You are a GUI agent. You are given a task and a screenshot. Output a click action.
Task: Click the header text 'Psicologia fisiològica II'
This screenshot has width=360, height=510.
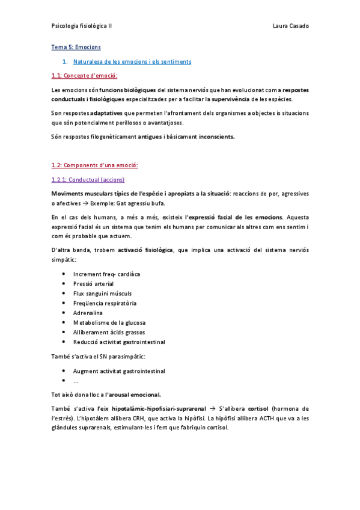(x=82, y=26)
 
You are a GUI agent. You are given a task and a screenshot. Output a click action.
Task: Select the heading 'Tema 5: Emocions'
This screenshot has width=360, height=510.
(x=76, y=47)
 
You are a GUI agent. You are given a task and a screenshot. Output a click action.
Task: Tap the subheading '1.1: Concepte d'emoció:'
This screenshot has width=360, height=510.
(x=84, y=76)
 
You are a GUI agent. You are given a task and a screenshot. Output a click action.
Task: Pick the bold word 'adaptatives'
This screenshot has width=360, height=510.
(x=106, y=113)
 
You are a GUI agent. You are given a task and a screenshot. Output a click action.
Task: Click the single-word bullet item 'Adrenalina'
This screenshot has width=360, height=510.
(x=88, y=313)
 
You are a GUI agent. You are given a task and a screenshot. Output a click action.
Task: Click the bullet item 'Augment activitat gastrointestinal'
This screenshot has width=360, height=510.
(x=119, y=371)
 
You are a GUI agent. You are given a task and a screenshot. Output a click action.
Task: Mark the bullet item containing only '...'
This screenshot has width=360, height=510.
(x=76, y=381)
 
